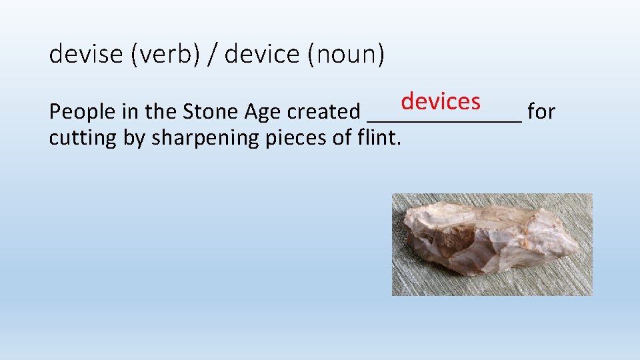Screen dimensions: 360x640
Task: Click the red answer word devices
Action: [x=441, y=101]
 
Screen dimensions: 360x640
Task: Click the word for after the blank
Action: [x=541, y=112]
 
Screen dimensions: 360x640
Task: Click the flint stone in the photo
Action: [x=487, y=240]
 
